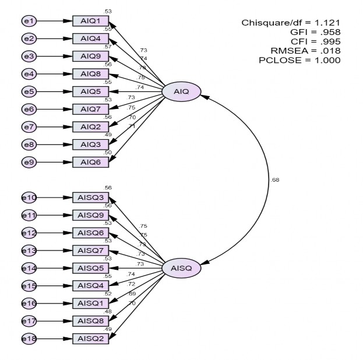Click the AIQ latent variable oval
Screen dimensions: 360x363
[x=181, y=91]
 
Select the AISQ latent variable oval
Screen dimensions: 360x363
[x=181, y=268]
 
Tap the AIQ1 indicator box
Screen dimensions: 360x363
[x=90, y=22]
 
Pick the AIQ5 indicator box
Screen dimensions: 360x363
[x=90, y=91]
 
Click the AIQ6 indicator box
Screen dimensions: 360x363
[x=90, y=161]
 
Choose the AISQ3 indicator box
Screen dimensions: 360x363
[x=90, y=197]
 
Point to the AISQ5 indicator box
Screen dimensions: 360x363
[x=90, y=268]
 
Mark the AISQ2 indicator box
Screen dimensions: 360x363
[x=90, y=338]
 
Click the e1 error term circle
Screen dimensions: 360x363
[x=29, y=22]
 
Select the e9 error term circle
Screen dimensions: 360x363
[x=29, y=161]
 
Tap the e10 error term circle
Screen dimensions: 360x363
[x=29, y=197]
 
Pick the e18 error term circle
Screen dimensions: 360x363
[x=29, y=338]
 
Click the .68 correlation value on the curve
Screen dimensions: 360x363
[x=275, y=179]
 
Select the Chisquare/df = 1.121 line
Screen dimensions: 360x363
[x=291, y=23]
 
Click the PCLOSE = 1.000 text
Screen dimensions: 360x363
[x=299, y=60]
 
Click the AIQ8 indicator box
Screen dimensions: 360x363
[x=90, y=74]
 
